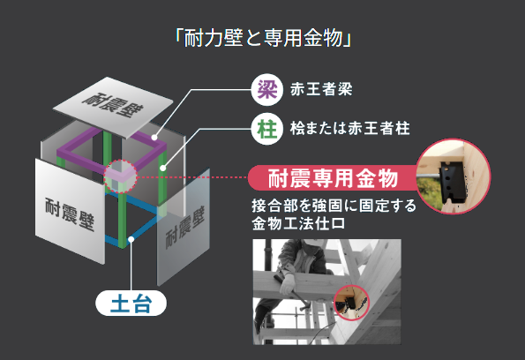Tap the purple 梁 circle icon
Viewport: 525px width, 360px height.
tap(264, 88)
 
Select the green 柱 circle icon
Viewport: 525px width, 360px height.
tap(264, 127)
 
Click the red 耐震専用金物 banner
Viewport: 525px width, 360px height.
tap(327, 177)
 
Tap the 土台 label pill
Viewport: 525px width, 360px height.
tap(131, 305)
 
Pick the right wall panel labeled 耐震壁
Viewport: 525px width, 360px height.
tap(182, 225)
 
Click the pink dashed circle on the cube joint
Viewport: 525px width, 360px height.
tap(121, 176)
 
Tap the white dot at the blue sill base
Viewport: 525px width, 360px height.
tap(131, 238)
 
